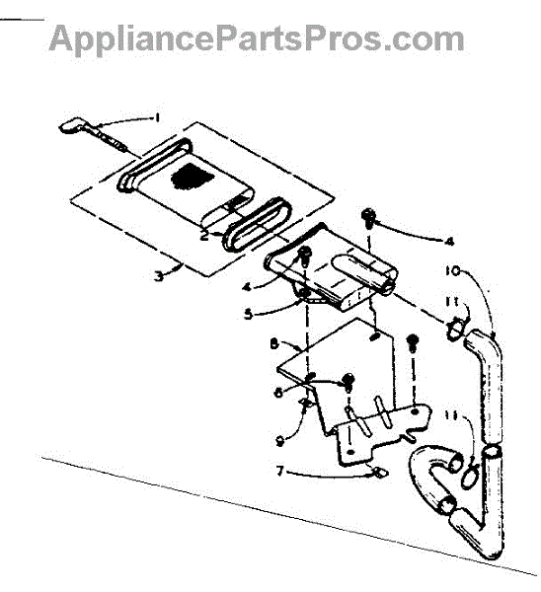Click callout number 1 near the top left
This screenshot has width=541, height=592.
[158, 117]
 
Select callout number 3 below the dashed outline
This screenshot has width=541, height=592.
[159, 276]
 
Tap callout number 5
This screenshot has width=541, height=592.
[248, 314]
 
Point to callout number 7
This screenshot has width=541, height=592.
[279, 471]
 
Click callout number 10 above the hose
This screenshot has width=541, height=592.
[452, 270]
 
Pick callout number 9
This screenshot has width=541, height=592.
[280, 441]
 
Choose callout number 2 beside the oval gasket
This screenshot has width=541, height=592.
[204, 236]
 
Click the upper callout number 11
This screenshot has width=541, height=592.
[452, 302]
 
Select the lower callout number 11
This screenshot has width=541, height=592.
[451, 415]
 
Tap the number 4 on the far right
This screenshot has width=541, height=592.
[449, 242]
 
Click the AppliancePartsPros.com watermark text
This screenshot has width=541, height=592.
[257, 38]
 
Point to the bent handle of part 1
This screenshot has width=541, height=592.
[70, 126]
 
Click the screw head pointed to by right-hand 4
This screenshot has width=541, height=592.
[368, 215]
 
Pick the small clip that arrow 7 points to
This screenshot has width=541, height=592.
[379, 473]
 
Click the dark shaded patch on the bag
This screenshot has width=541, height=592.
[192, 176]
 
